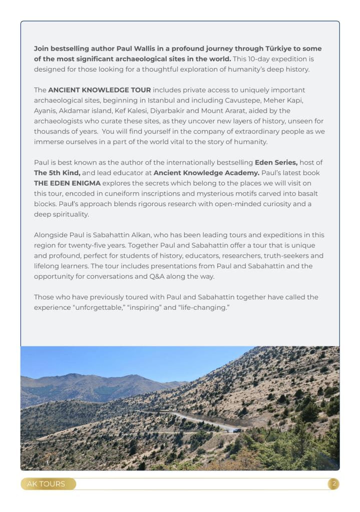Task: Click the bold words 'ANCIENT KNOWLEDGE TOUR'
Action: [99, 90]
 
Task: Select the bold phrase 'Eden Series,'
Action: [276, 162]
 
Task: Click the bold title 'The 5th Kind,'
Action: [57, 173]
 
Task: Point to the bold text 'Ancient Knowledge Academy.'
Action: [206, 173]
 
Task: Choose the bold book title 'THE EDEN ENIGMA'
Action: [67, 183]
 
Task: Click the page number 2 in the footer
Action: [334, 483]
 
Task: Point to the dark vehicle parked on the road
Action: [237, 430]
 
